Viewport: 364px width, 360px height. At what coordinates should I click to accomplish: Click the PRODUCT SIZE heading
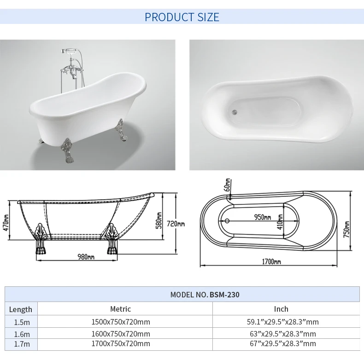tap(182, 17)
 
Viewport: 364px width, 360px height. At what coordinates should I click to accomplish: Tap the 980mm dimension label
tap(86, 257)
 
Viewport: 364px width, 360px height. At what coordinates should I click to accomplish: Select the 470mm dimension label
tap(6, 224)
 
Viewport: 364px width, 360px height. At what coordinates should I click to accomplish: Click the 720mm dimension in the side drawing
tap(176, 224)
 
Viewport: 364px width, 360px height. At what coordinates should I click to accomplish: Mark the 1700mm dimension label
tap(271, 261)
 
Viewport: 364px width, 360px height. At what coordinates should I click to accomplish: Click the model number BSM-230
tap(224, 295)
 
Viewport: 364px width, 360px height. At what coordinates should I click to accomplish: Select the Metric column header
tap(121, 309)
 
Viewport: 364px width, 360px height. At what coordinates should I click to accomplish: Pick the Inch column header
tap(281, 309)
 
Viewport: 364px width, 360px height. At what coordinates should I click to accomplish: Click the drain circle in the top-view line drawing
tap(226, 221)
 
